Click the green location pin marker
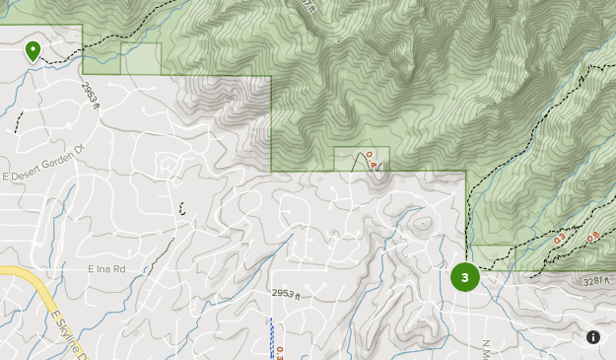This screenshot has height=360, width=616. [x=34, y=50]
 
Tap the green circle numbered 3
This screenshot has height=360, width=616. [x=464, y=277]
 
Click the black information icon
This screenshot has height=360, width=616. [x=593, y=337]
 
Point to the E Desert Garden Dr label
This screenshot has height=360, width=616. [x=43, y=176]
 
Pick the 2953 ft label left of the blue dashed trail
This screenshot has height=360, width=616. [x=286, y=294]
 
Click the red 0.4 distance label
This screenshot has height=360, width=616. [x=372, y=160]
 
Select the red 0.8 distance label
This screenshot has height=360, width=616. [x=593, y=238]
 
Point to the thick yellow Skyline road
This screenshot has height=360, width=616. [x=30, y=287]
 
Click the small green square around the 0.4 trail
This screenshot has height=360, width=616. [x=362, y=158]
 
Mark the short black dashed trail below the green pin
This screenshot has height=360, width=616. [x=18, y=121]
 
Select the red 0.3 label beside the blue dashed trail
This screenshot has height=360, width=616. [x=280, y=352]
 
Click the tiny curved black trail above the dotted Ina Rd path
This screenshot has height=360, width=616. [x=181, y=208]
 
